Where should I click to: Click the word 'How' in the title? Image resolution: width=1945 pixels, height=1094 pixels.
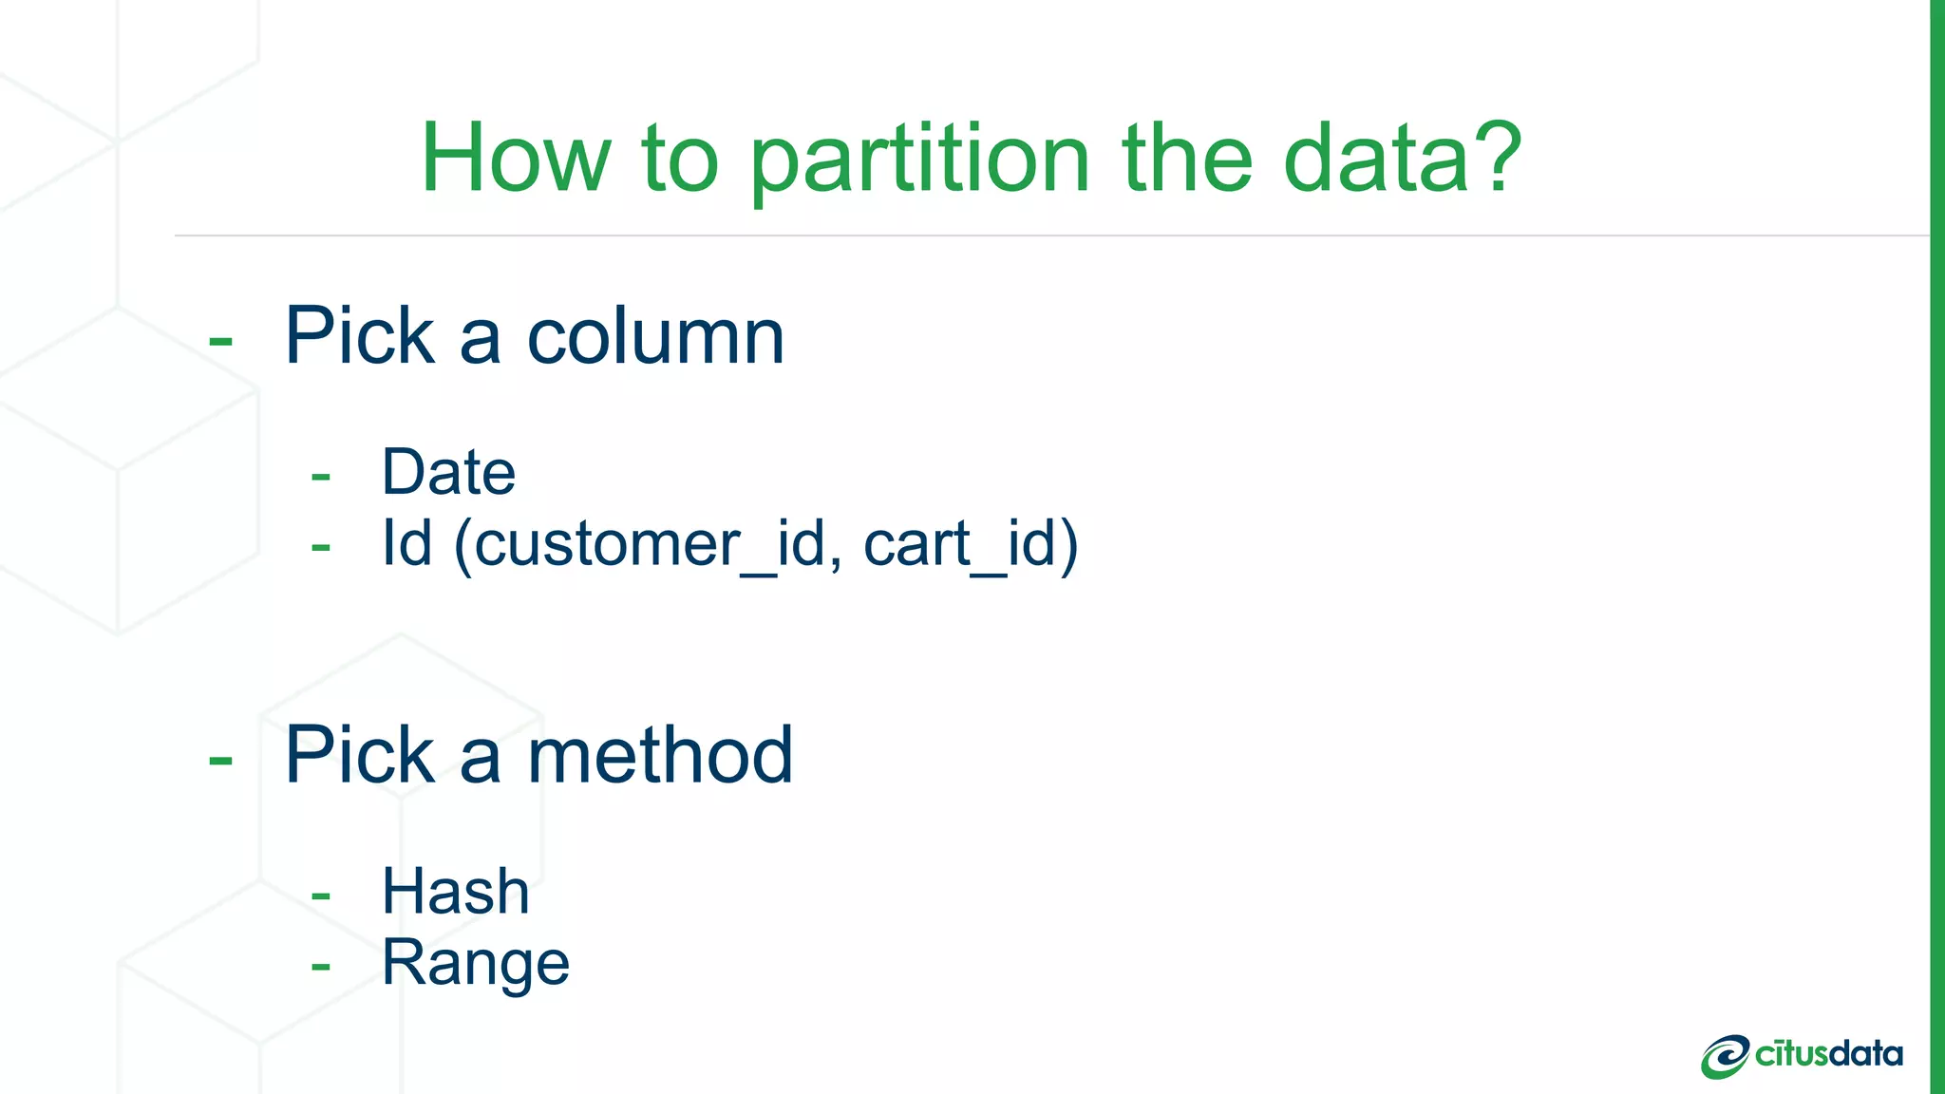point(516,159)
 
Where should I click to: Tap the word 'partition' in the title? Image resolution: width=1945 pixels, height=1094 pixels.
point(918,159)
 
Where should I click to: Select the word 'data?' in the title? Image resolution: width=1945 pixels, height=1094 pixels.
point(1402,159)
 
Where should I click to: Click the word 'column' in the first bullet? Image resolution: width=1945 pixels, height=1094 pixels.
point(655,336)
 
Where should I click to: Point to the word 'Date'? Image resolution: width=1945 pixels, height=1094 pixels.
point(448,472)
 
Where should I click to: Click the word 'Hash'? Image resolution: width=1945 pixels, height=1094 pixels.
point(455,892)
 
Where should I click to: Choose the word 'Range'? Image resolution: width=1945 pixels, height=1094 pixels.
point(475,964)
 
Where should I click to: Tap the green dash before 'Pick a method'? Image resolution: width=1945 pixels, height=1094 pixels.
point(220,760)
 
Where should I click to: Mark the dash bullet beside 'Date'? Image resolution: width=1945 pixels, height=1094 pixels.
point(321,476)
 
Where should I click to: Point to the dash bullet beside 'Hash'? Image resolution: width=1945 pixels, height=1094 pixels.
point(321,896)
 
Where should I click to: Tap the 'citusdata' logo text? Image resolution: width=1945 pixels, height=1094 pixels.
point(1828,1054)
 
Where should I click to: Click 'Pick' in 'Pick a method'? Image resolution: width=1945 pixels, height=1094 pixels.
point(359,755)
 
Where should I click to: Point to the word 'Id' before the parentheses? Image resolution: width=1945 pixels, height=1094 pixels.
point(406,544)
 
